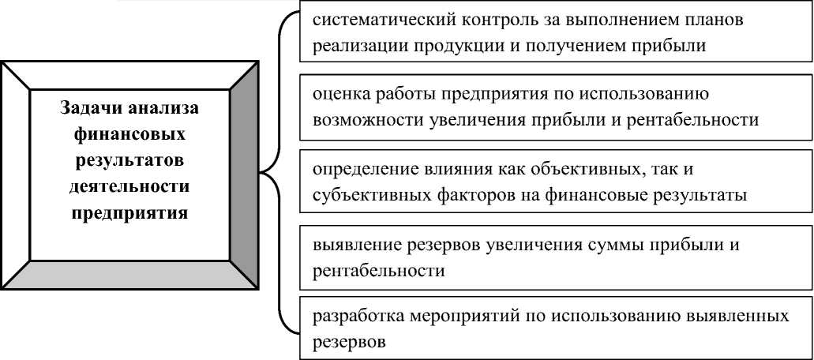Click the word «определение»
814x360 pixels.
[358, 169]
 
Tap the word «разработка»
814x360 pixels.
[353, 317]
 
